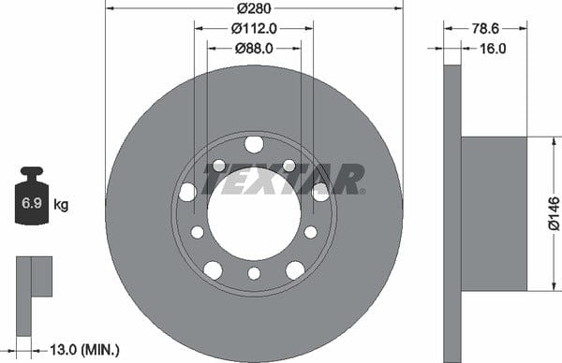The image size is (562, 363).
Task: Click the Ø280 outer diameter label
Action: point(254,8)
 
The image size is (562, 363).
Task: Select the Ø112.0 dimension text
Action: point(254,28)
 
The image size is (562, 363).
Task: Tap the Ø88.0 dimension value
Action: point(254,49)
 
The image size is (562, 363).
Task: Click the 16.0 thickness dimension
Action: point(493,49)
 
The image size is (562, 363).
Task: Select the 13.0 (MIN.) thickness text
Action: point(84,349)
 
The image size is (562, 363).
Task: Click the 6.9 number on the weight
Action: point(32,203)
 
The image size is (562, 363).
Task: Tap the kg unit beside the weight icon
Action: point(61,205)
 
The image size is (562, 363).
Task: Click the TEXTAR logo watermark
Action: point(283,180)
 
